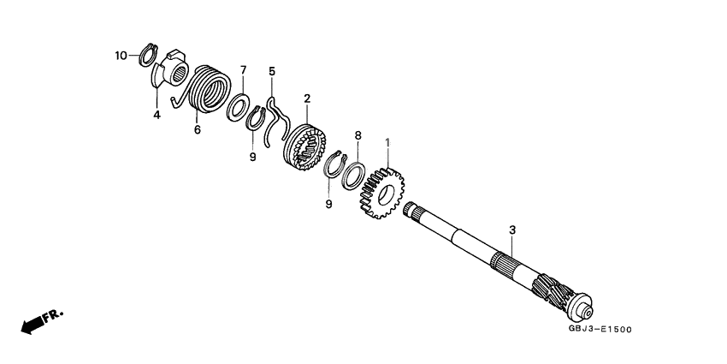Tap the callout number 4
(157, 115)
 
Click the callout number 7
(242, 69)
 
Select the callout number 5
(272, 71)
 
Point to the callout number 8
(358, 135)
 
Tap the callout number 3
(511, 230)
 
